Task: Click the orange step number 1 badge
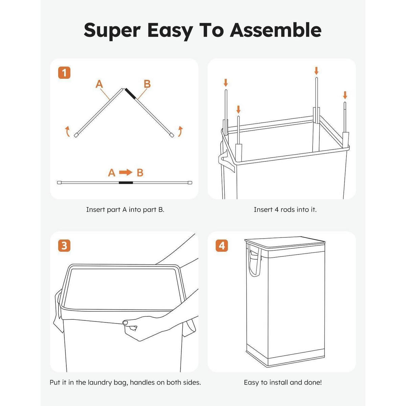(x=64, y=73)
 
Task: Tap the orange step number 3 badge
(x=64, y=246)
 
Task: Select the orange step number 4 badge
(x=222, y=246)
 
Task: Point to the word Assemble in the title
(x=276, y=30)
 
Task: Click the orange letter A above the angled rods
(x=99, y=84)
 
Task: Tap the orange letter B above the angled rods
(x=147, y=84)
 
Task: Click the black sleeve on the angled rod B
(x=130, y=93)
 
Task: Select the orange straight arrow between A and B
(x=126, y=172)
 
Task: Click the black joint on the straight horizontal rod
(x=126, y=182)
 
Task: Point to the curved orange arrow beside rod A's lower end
(x=67, y=131)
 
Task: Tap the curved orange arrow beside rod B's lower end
(x=180, y=131)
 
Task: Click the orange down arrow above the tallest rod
(x=316, y=71)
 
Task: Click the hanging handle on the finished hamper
(x=254, y=261)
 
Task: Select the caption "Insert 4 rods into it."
(x=285, y=209)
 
